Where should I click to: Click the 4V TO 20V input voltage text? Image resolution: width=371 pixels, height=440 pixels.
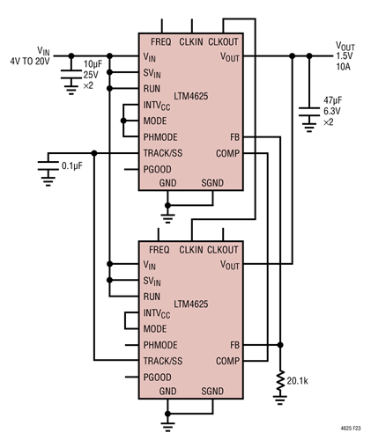(35, 61)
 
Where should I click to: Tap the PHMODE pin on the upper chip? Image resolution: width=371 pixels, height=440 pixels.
(162, 137)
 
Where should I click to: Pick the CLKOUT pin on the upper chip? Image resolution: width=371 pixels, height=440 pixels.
(226, 41)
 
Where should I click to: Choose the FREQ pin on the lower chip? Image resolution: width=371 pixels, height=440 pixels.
(160, 251)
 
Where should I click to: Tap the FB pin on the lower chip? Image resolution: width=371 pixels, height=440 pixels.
(234, 345)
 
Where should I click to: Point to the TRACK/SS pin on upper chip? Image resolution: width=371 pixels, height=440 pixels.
(163, 153)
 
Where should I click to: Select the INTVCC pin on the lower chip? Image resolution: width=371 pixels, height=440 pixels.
(160, 312)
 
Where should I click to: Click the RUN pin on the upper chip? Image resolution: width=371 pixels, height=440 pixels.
(152, 89)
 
